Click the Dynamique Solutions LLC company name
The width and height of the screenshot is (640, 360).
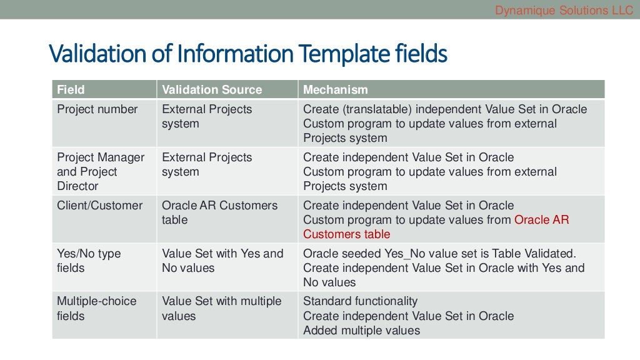[x=564, y=10]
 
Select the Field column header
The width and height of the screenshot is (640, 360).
[x=71, y=89]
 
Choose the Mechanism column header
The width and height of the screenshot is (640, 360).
[x=335, y=89]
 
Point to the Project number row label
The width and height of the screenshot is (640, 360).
[x=97, y=109]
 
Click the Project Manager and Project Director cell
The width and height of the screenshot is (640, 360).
[x=100, y=171]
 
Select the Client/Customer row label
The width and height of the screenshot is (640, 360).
[x=99, y=206]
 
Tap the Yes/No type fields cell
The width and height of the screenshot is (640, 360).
[x=89, y=261]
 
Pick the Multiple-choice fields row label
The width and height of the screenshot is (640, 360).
[x=96, y=308]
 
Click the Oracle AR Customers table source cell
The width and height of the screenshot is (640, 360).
[x=219, y=212]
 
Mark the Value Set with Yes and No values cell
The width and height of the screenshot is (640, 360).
[x=222, y=261]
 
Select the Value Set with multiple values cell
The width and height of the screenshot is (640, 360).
[x=221, y=308]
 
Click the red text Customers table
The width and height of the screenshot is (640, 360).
[x=346, y=234]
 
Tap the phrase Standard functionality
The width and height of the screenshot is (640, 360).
[x=360, y=301]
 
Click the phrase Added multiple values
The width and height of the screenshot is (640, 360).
[x=361, y=331]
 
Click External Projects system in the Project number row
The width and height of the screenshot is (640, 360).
[x=206, y=116]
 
